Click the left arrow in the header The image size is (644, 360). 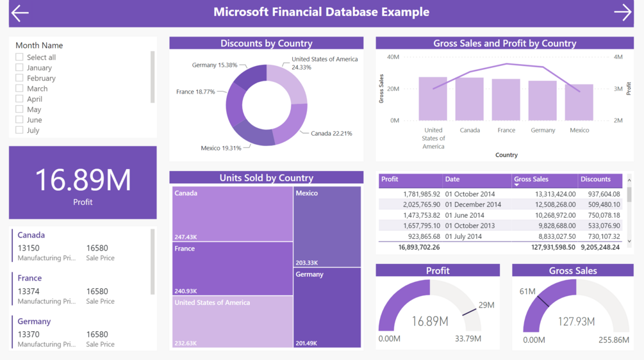coord(20,13)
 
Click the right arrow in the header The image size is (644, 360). coord(622,12)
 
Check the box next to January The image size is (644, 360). coord(19,67)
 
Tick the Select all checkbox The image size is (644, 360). coord(19,57)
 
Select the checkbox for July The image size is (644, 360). coord(19,130)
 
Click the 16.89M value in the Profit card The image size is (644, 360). coord(83,180)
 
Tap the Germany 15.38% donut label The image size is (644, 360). coord(215,65)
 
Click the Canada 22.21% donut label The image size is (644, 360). coord(331,133)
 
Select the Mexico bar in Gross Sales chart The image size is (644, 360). coord(579,102)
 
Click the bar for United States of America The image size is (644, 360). coord(433,99)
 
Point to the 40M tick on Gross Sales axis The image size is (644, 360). coord(393,57)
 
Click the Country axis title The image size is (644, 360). coord(506,155)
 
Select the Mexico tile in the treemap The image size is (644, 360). coord(327,226)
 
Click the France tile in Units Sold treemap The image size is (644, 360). coord(232,269)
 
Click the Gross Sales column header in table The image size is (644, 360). coord(531,179)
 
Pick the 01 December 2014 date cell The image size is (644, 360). coord(474,204)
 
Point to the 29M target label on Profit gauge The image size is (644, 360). coord(486,305)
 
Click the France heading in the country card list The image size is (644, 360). coord(29,278)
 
